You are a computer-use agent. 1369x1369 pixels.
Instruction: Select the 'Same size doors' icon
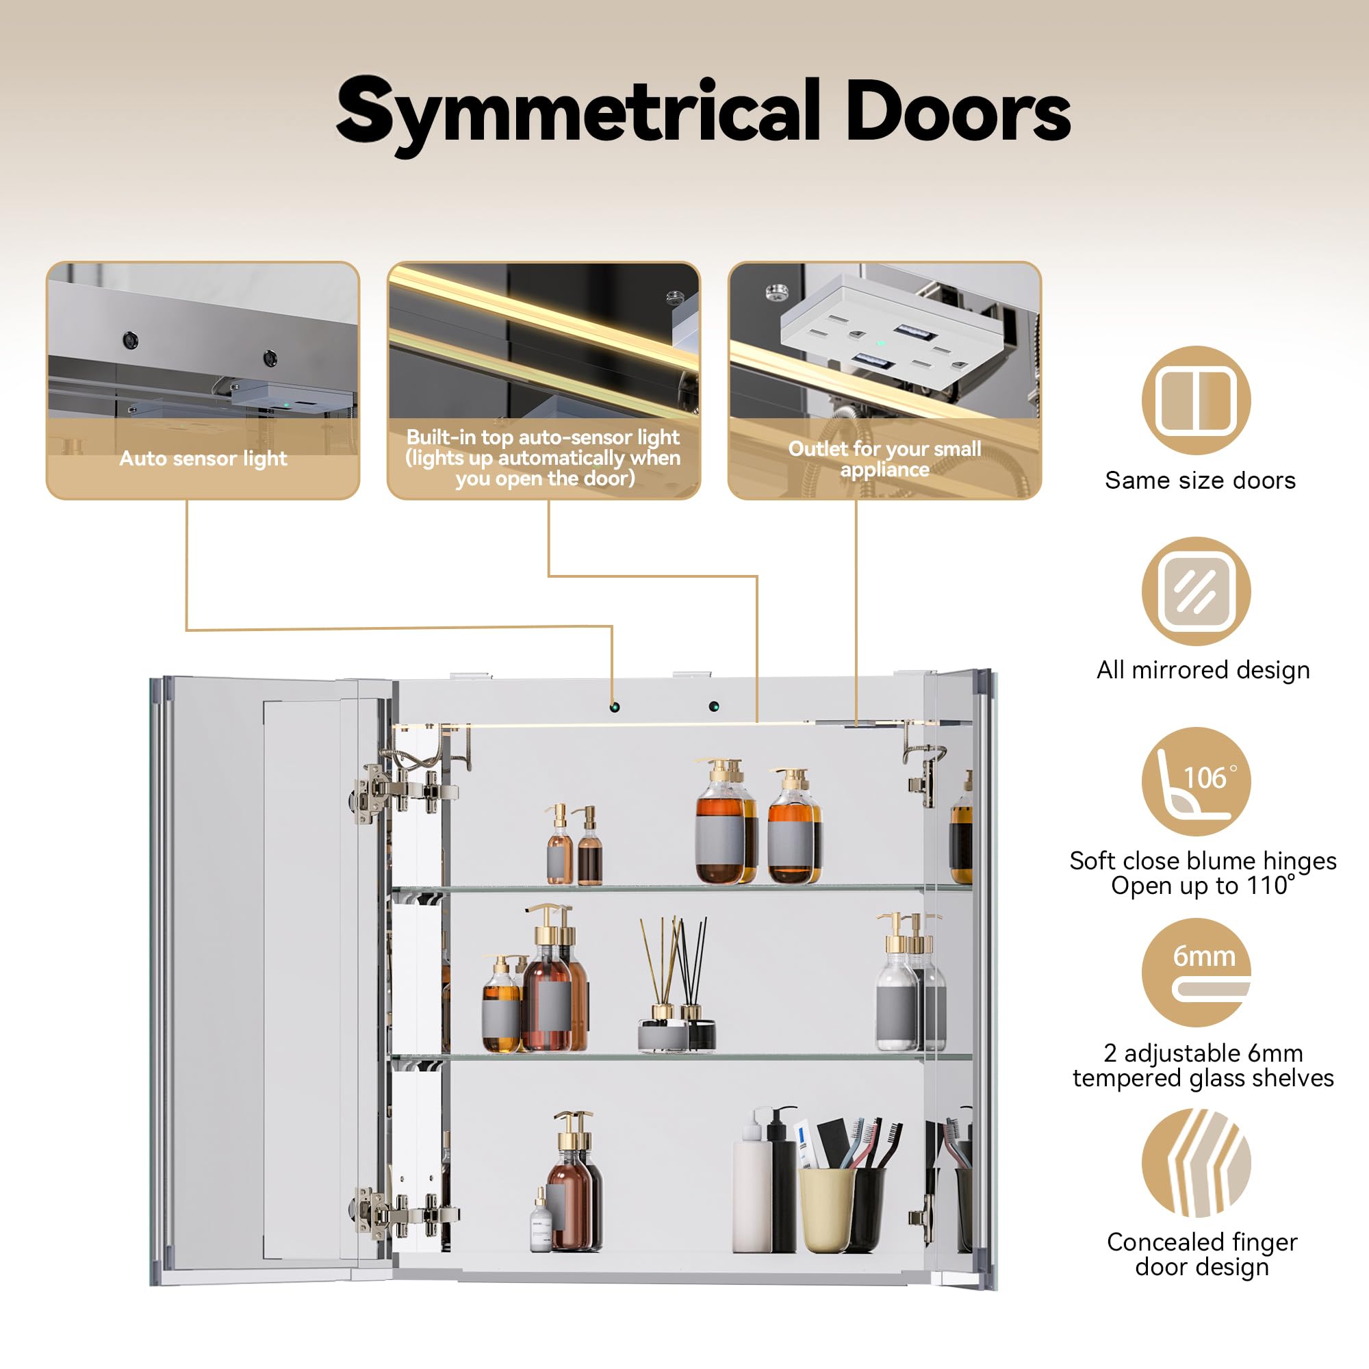(1196, 400)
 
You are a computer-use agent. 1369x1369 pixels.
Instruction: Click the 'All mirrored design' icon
(1196, 591)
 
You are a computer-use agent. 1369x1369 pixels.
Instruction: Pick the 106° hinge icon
(1196, 782)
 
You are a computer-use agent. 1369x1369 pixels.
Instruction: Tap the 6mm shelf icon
(1196, 972)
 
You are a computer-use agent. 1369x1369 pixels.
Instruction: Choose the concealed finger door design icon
(1196, 1163)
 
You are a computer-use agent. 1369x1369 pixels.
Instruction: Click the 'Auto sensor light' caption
(203, 459)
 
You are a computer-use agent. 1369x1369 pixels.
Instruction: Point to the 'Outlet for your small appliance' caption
(884, 459)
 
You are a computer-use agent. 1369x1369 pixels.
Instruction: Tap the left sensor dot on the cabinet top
(615, 707)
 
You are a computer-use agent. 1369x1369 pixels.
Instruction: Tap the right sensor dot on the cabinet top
(713, 706)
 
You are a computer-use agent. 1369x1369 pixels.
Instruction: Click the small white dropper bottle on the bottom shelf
(541, 1221)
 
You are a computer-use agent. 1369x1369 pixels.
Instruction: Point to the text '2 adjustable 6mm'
(1203, 1053)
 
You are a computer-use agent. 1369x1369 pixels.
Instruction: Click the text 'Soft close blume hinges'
(1203, 860)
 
